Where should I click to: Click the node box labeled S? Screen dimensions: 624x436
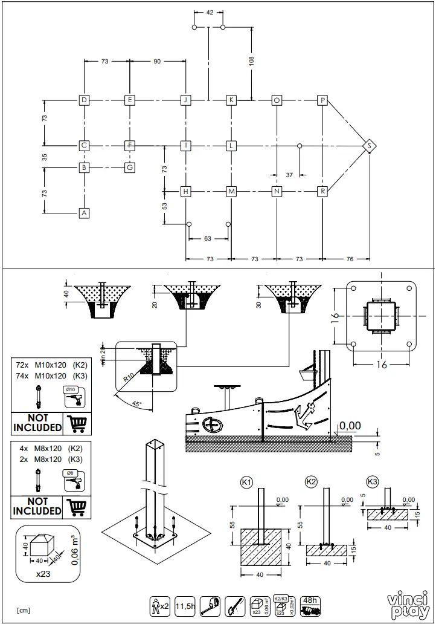click(370, 146)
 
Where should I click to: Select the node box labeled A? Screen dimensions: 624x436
click(85, 213)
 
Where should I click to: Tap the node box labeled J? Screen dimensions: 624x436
click(186, 100)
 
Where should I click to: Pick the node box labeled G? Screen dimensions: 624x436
click(129, 167)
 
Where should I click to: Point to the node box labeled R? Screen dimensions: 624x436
click(323, 191)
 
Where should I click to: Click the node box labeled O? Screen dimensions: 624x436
click(277, 100)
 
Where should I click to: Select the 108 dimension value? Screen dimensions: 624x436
click(251, 60)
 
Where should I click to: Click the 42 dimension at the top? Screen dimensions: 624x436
click(209, 13)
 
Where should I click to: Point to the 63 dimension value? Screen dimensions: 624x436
click(208, 239)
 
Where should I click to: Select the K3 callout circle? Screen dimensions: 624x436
click(372, 482)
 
